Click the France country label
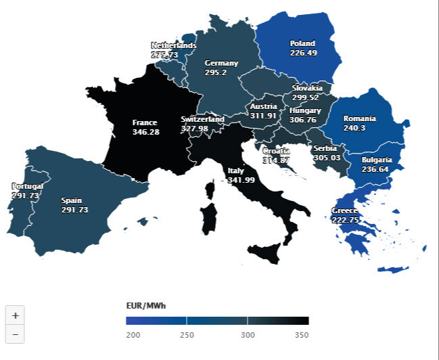point(145,122)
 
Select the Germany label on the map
point(221,63)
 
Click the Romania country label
point(359,118)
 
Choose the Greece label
point(345,210)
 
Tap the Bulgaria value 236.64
point(375,169)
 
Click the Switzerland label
point(202,119)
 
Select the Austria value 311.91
point(263,115)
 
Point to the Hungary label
point(305,110)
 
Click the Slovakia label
point(307,88)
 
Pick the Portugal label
point(28,186)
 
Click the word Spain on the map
point(71,200)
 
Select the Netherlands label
point(173,45)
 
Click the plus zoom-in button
point(16,315)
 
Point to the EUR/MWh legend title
point(145,305)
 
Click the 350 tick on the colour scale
point(302,335)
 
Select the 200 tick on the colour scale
point(134,335)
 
